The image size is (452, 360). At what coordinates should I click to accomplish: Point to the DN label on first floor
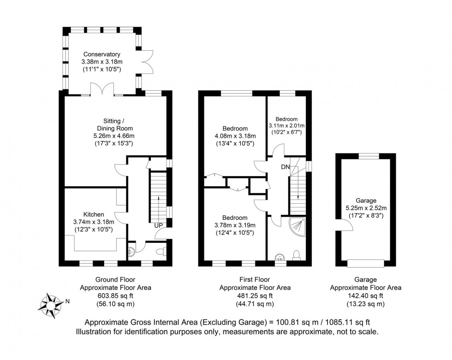pyautogui.click(x=286, y=167)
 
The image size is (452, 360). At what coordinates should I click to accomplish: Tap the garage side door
pyautogui.click(x=345, y=225)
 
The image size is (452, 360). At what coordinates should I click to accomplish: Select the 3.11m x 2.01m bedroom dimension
pyautogui.click(x=287, y=125)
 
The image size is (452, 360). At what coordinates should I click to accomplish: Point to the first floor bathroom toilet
pyautogui.click(x=297, y=254)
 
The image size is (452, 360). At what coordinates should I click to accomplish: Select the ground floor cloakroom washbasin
pyautogui.click(x=131, y=251)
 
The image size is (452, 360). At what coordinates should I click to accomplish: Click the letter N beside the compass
pyautogui.click(x=67, y=301)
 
